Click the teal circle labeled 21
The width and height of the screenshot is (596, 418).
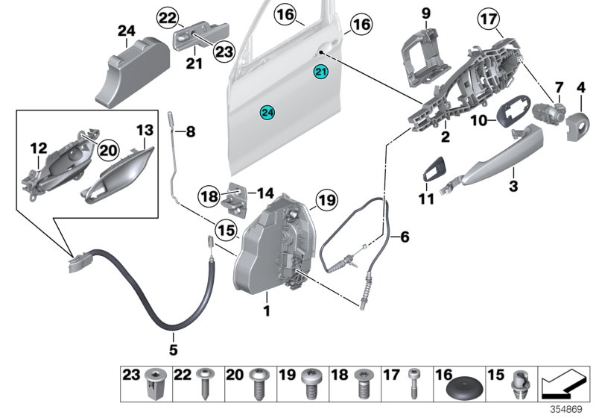(320, 72)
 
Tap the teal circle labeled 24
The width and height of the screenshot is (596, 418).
(267, 112)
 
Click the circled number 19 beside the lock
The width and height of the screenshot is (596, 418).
(326, 199)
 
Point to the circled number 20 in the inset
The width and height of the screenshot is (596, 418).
(109, 151)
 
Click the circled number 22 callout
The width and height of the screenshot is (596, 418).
(167, 16)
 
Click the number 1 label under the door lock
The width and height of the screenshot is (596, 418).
(267, 308)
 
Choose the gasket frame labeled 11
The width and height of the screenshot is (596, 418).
(434, 168)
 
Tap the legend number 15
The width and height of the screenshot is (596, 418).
(495, 375)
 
